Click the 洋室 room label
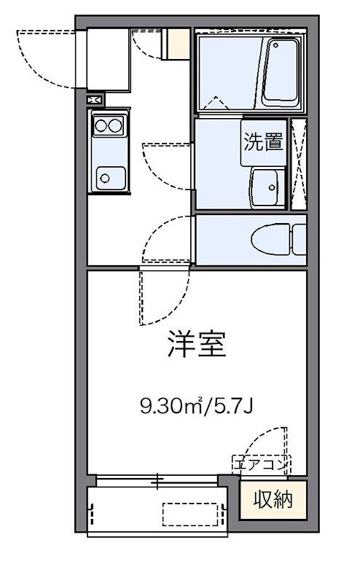(x=197, y=343)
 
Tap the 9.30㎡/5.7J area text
(x=196, y=405)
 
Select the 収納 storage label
(x=273, y=499)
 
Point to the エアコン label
(x=261, y=465)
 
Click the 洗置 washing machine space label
(x=263, y=141)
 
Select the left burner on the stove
(x=101, y=125)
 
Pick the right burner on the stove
(x=116, y=125)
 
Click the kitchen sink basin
(x=111, y=179)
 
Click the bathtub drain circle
(x=275, y=45)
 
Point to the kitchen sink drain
(x=105, y=179)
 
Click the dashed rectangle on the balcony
(x=190, y=514)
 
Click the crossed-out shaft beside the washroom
(x=299, y=164)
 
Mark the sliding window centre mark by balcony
(x=157, y=480)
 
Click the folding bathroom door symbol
(x=215, y=103)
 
